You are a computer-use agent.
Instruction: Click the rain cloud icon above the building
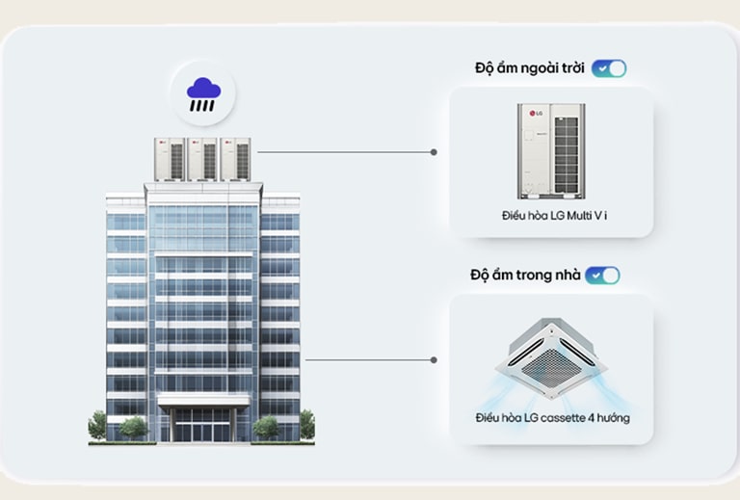click(x=203, y=92)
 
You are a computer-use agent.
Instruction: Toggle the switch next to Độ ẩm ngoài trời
click(x=609, y=68)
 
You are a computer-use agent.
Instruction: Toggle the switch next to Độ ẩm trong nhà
click(x=602, y=276)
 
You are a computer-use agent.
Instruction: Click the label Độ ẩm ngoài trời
click(x=530, y=68)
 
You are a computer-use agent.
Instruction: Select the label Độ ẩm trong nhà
click(x=525, y=276)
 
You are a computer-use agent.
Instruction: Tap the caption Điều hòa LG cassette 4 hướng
click(x=552, y=418)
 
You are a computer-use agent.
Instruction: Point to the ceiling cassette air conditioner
click(x=551, y=357)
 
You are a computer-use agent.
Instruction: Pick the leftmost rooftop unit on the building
click(x=170, y=159)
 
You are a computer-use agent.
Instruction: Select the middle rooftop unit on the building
click(x=203, y=159)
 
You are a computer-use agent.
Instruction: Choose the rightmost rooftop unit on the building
click(x=235, y=159)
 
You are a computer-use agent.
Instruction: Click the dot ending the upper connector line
click(x=434, y=152)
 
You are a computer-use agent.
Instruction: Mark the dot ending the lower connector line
click(x=434, y=359)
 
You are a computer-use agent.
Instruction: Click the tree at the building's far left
click(x=97, y=424)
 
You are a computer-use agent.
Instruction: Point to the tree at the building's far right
click(x=306, y=424)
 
